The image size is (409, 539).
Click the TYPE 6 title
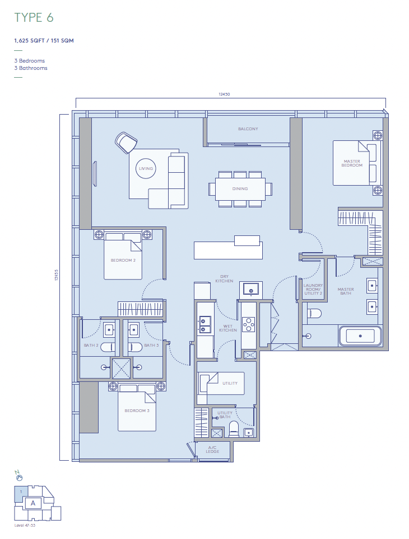click(34, 17)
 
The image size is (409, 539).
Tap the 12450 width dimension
click(224, 94)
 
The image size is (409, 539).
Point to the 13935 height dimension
click(57, 275)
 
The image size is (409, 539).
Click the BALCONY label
click(248, 129)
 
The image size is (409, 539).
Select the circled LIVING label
click(146, 168)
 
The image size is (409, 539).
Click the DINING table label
click(240, 189)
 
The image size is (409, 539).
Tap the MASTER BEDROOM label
click(352, 163)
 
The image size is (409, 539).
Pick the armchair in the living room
click(126, 143)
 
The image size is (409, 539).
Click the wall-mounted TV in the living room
click(95, 174)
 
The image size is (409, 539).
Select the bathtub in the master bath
click(360, 336)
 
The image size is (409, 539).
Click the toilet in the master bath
click(314, 314)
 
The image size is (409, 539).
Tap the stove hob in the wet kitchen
click(248, 324)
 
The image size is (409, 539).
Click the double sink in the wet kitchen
click(204, 325)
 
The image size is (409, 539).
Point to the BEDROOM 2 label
click(123, 260)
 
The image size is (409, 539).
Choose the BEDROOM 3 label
click(137, 411)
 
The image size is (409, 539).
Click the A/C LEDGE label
click(212, 450)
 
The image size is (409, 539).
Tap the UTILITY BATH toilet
click(234, 429)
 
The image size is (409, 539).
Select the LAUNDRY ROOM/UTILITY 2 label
click(313, 290)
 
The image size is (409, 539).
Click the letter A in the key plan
click(33, 503)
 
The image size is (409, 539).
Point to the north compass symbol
click(18, 476)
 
